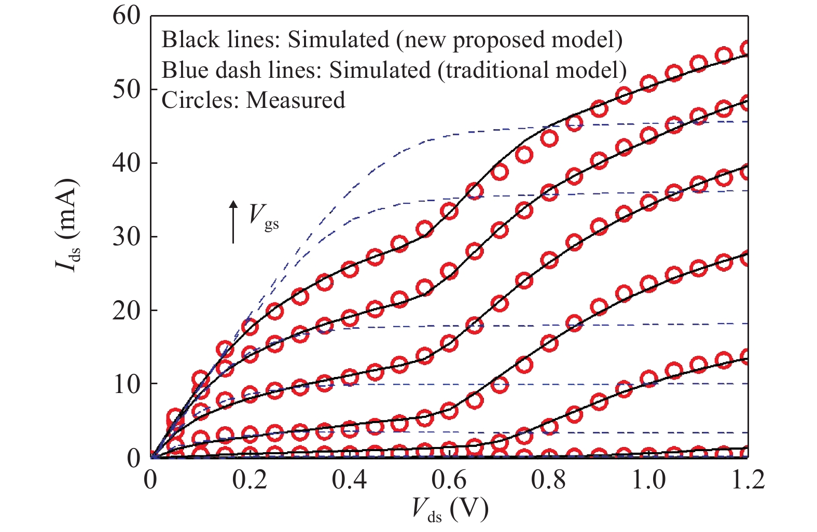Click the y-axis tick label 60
point(126,16)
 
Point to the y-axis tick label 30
point(126,236)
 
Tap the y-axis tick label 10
point(126,384)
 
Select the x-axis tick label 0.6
point(449,480)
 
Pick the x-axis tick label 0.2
point(250,480)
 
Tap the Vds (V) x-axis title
point(450,510)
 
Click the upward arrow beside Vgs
point(233,222)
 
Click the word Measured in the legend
point(296,100)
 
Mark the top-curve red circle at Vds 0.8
point(549,138)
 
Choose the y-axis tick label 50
point(126,89)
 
